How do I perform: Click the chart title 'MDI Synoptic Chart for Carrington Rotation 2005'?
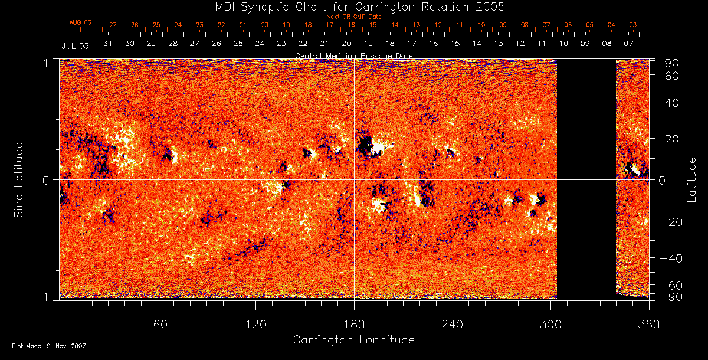353,6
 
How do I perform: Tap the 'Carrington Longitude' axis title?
353,340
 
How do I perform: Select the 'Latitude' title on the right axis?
692,179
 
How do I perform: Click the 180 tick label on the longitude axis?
354,324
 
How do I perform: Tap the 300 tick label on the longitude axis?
550,324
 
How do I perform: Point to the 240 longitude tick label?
453,324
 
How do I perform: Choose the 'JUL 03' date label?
75,45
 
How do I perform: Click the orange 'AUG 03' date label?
80,22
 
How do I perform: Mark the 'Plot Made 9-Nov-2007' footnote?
49,346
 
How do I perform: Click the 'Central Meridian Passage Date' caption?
353,55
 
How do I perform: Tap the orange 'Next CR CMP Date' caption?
353,17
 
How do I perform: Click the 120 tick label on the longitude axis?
255,324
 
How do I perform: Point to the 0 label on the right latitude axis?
662,180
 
